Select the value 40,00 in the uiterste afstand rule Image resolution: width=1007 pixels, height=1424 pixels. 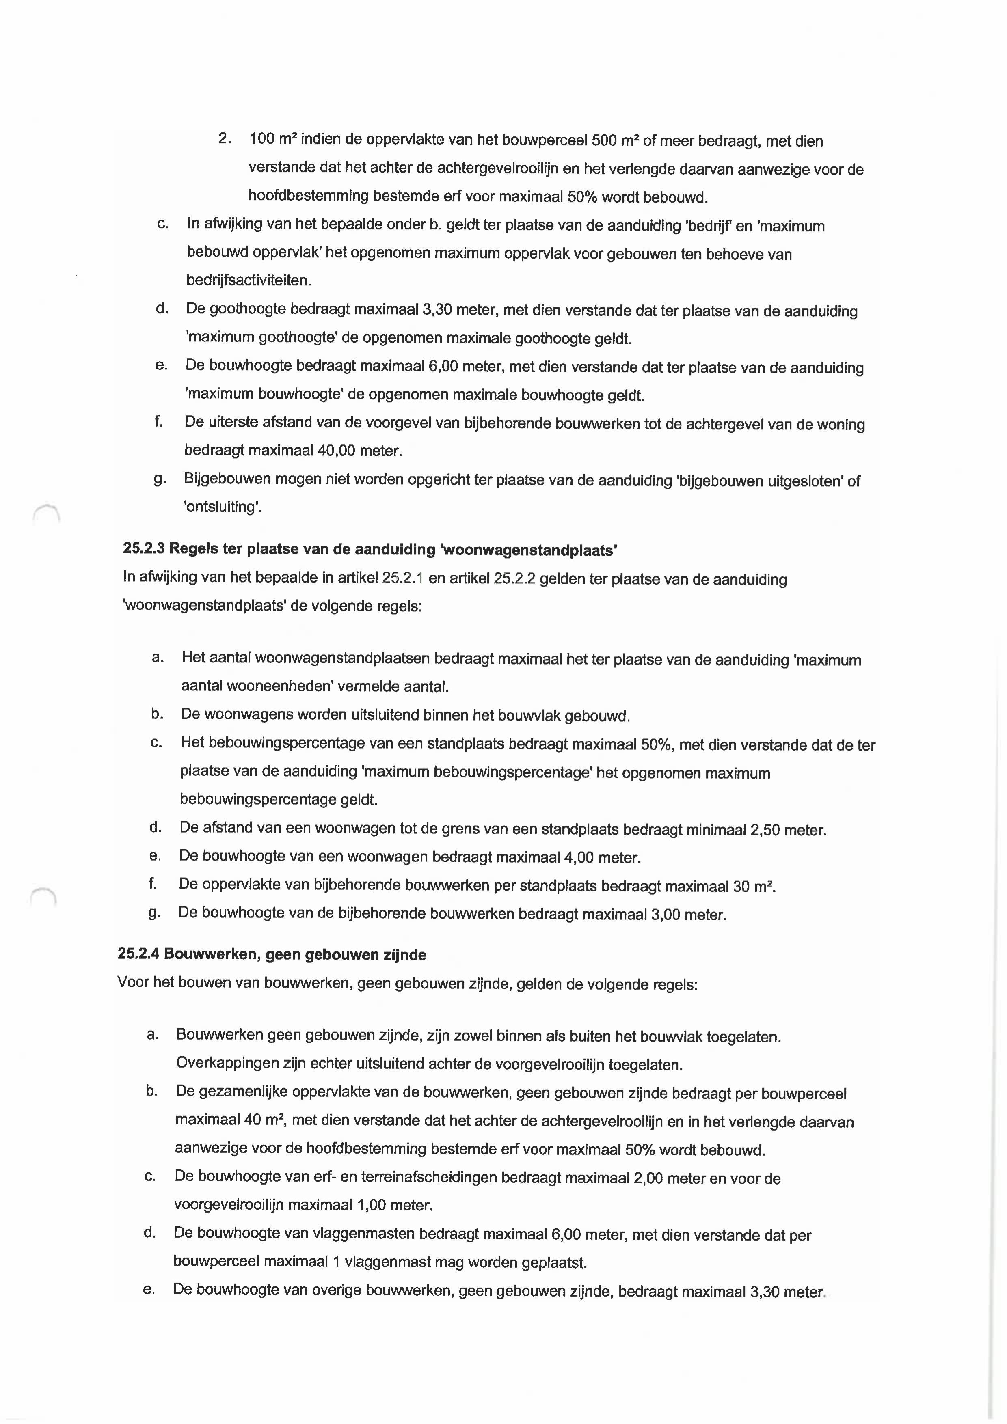tap(336, 451)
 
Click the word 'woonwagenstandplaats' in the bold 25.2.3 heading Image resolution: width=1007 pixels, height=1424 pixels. tap(528, 550)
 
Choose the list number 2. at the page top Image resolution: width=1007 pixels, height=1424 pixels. tap(225, 139)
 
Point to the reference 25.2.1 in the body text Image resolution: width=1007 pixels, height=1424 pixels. tap(403, 579)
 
